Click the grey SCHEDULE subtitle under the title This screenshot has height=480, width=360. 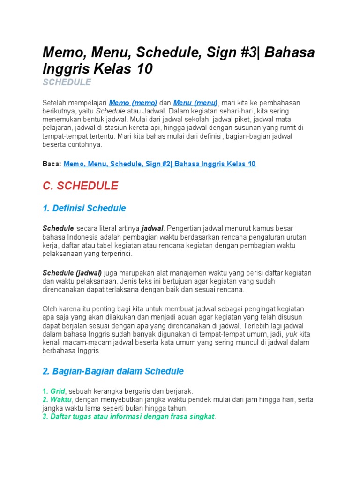click(67, 82)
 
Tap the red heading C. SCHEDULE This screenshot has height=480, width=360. click(80, 186)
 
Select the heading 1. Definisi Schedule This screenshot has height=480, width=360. click(84, 208)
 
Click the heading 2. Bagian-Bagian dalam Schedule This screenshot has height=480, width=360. click(113, 371)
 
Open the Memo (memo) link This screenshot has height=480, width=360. click(133, 103)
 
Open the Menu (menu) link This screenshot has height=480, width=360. click(195, 103)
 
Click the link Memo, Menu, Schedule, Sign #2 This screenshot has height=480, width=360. click(159, 164)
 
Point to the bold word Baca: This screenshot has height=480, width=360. click(52, 164)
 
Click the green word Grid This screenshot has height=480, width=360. click(58, 391)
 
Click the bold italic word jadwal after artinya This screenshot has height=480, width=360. click(152, 228)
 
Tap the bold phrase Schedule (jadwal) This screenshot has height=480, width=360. click(72, 273)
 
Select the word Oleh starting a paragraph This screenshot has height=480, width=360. click(50, 309)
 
